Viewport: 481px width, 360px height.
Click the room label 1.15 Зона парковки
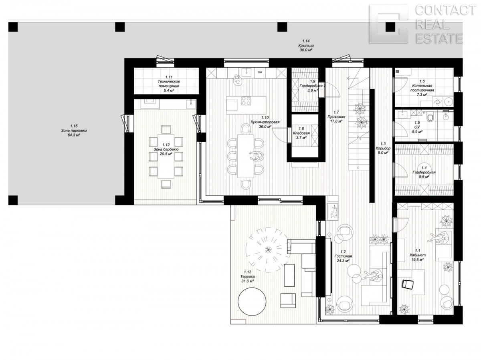click(74, 131)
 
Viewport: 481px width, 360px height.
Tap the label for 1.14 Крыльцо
click(306, 46)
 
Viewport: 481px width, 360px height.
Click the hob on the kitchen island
click(246, 101)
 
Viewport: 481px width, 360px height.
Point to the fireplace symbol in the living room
click(333, 211)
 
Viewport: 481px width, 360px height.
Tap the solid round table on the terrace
click(252, 302)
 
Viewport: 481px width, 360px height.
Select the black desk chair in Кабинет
click(407, 284)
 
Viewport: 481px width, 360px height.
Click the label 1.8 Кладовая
click(301, 133)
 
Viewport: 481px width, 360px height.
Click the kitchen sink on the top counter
click(248, 72)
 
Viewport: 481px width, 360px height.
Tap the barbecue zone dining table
click(166, 156)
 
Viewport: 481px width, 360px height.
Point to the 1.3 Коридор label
click(383, 148)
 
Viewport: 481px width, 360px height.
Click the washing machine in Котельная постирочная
click(437, 102)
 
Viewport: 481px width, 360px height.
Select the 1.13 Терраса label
click(247, 276)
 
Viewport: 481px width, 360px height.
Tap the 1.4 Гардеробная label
click(424, 172)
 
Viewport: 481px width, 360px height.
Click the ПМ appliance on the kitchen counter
click(260, 72)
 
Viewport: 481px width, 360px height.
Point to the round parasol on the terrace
click(268, 250)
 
